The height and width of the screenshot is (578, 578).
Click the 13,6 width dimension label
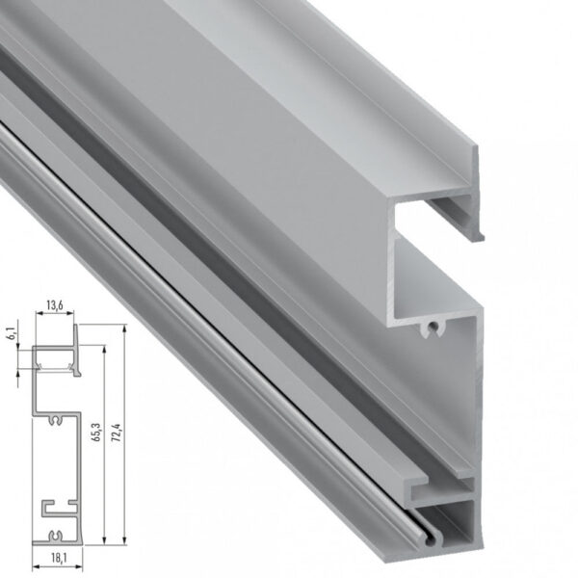point(55,307)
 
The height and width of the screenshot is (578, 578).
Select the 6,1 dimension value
point(11,338)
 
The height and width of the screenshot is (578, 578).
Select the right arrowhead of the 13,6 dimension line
point(75,319)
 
